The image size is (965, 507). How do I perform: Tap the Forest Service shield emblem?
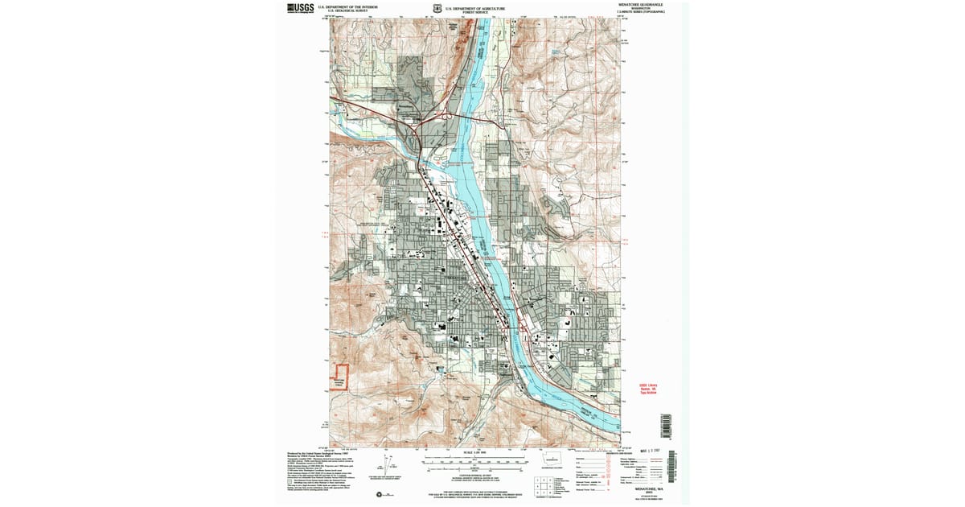pyautogui.click(x=436, y=9)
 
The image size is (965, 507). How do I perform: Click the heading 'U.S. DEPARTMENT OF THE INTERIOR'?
pyautogui.click(x=347, y=6)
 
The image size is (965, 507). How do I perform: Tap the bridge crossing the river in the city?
pyautogui.click(x=515, y=321)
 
